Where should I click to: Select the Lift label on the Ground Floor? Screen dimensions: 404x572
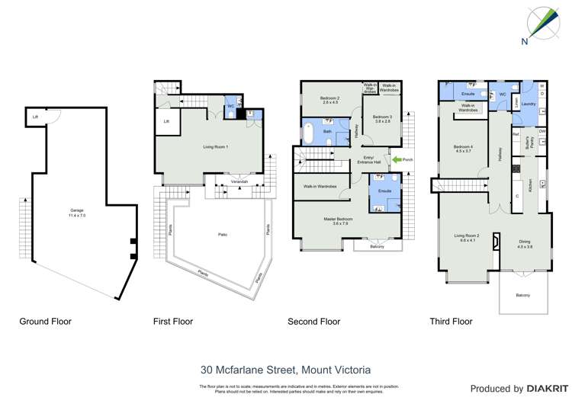[x=35, y=117]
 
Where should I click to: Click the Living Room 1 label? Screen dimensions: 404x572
[x=216, y=146]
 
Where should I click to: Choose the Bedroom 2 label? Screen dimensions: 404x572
[x=329, y=99]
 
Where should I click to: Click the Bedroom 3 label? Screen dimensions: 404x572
[x=382, y=119]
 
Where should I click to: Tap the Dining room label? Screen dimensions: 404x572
[x=525, y=244]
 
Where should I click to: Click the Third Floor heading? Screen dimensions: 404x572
[x=451, y=322]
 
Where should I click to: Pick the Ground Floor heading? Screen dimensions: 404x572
[x=45, y=322]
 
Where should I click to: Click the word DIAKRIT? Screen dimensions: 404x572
[x=545, y=389]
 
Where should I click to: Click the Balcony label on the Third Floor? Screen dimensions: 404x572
[x=522, y=295]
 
